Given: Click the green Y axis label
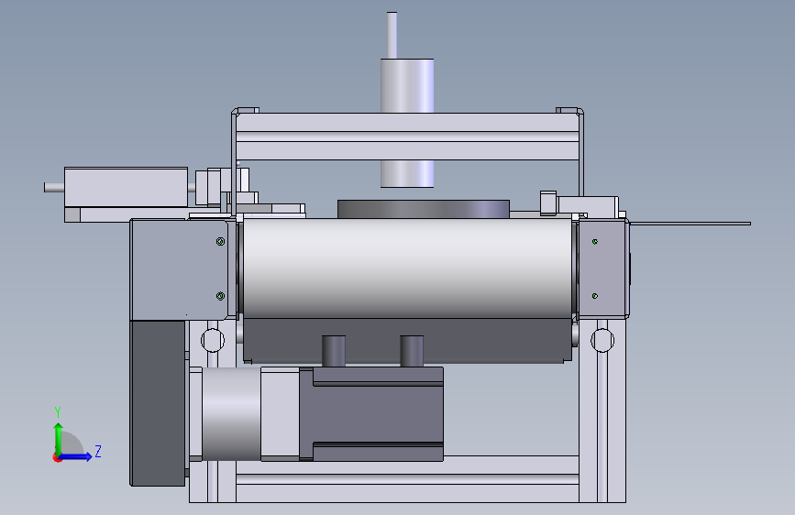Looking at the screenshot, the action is (x=58, y=412).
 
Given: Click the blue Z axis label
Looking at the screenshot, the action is (x=98, y=451).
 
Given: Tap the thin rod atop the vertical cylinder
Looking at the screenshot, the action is (x=392, y=35).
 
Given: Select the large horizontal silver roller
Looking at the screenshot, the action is (x=408, y=268).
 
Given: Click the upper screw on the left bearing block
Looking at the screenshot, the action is (x=220, y=242).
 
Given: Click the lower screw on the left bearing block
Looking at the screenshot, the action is (x=220, y=296).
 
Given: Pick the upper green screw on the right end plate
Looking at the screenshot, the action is (x=595, y=242).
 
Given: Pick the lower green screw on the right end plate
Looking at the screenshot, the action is (x=595, y=296).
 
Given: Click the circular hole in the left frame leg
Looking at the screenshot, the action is (x=213, y=340).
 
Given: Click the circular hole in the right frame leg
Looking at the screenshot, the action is (x=602, y=340).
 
